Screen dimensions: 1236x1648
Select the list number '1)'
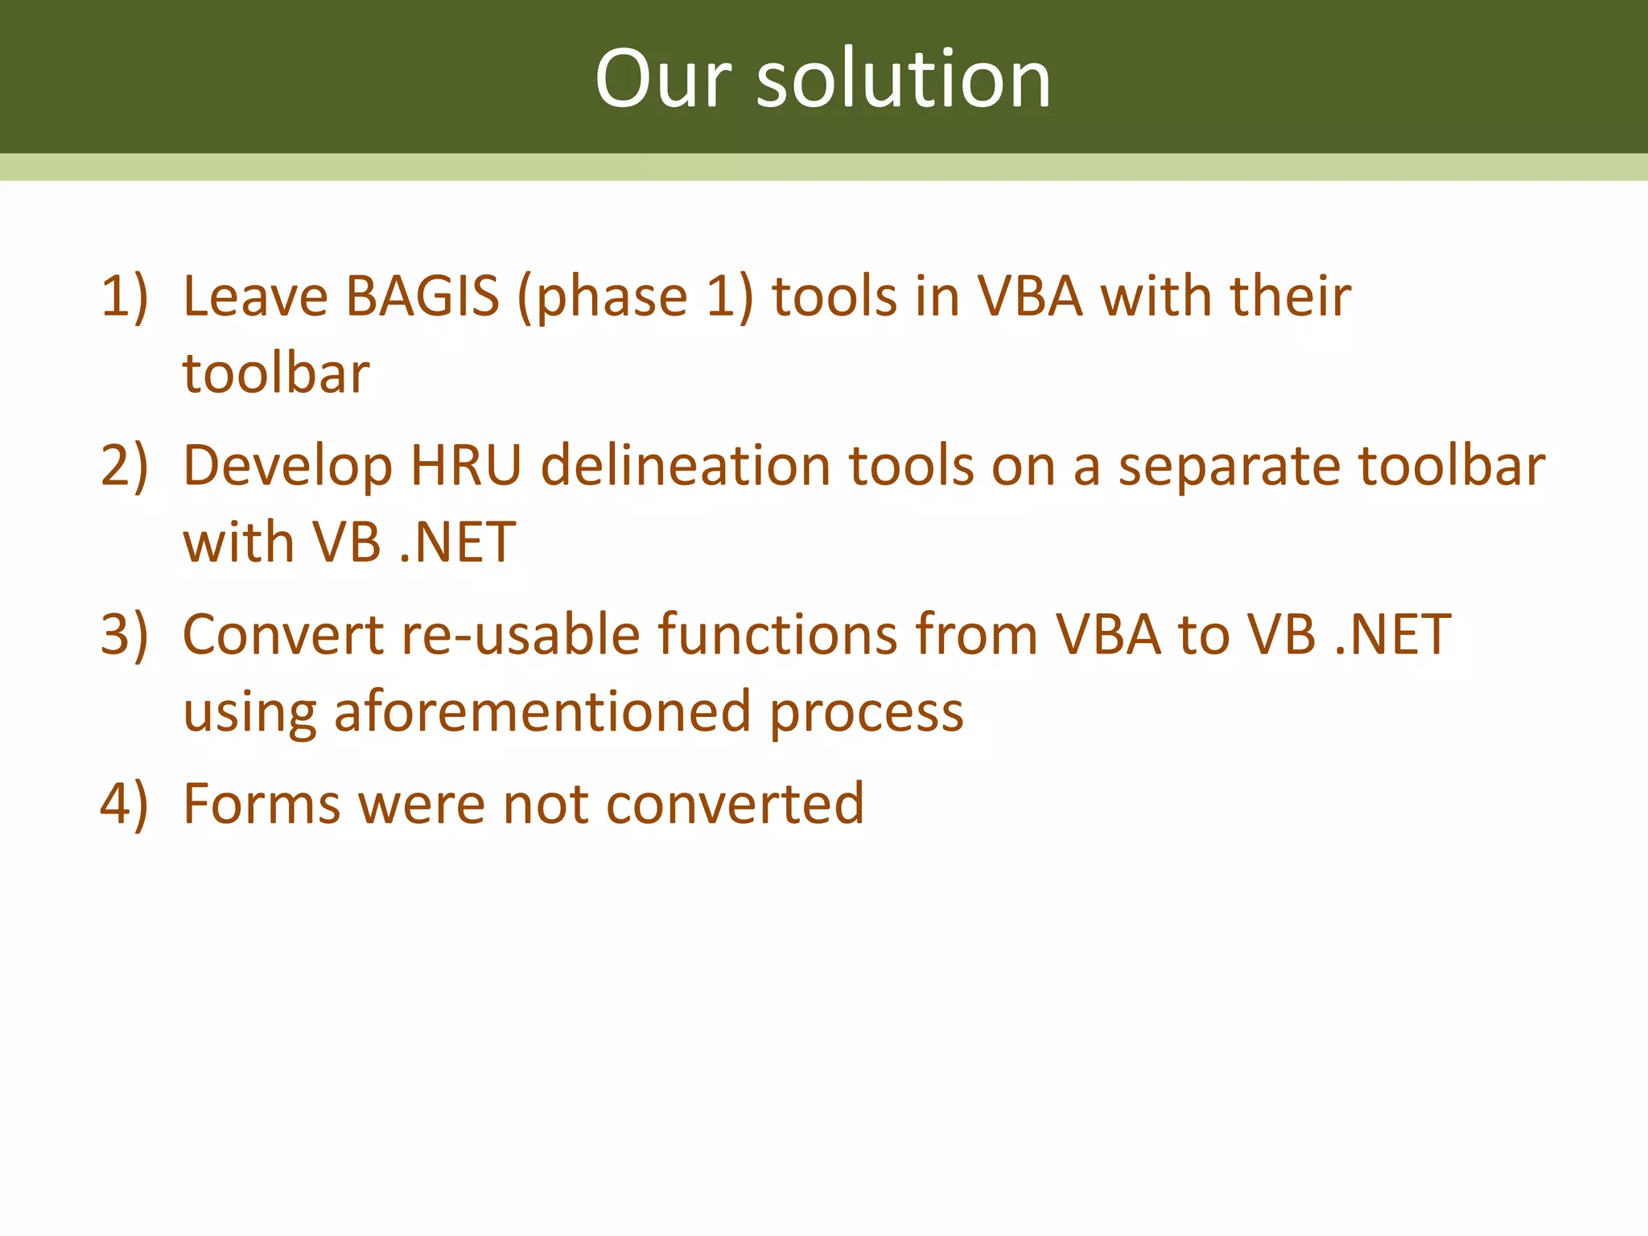[125, 296]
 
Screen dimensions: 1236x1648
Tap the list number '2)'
[125, 465]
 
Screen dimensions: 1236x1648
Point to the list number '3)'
[125, 634]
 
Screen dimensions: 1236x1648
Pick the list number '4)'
[125, 803]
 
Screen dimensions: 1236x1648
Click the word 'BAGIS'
[422, 296]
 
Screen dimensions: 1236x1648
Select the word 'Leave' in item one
[255, 296]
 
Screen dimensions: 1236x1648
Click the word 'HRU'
[466, 465]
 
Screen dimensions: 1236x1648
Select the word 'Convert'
[283, 634]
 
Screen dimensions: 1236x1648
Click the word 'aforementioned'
[542, 711]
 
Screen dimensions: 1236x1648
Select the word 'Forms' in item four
[262, 803]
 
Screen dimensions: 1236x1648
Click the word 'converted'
[735, 803]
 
